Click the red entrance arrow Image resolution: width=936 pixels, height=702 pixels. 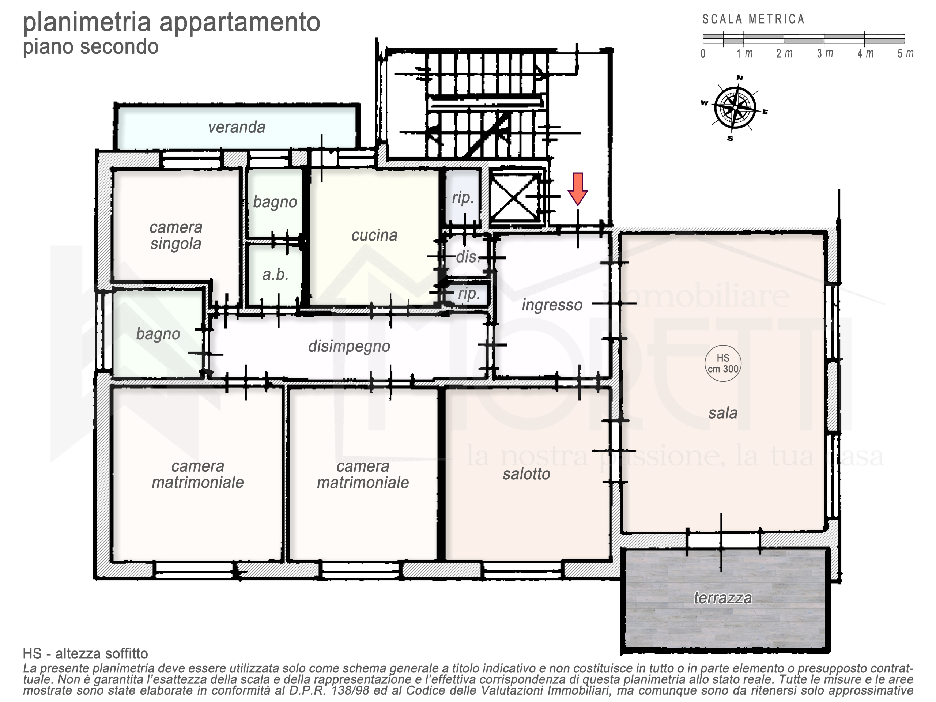click(578, 189)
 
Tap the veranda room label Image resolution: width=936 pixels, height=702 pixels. click(237, 127)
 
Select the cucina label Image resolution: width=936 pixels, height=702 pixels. click(374, 235)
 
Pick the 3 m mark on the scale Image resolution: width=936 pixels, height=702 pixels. click(825, 54)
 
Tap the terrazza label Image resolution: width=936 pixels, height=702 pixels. click(723, 597)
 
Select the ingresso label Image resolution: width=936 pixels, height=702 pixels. click(552, 305)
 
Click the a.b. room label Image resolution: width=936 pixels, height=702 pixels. click(275, 275)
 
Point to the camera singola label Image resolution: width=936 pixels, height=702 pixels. click(175, 236)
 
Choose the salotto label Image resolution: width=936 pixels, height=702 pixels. click(526, 474)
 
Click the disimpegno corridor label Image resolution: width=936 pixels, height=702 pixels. click(349, 346)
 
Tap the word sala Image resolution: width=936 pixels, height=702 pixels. click(723, 413)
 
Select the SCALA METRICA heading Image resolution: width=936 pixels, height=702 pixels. click(753, 19)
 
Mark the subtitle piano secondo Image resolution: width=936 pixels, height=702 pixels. click(91, 46)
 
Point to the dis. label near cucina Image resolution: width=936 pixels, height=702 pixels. click(468, 257)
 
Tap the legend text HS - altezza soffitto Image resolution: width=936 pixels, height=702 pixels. click(86, 654)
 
